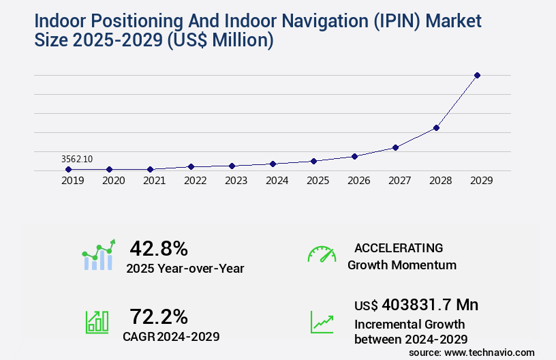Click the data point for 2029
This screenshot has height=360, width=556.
(x=477, y=75)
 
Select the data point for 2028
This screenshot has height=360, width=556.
(x=436, y=127)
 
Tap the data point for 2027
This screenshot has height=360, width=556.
(x=395, y=147)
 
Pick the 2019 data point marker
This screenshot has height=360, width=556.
(x=69, y=169)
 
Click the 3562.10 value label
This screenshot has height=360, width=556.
(x=77, y=159)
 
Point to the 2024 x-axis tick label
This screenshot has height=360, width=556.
(x=277, y=181)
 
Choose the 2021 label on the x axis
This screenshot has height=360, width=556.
(x=155, y=181)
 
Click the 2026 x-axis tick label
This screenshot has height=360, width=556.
(x=359, y=181)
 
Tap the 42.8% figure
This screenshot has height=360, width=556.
(x=159, y=248)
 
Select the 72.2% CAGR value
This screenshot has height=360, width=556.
(x=159, y=316)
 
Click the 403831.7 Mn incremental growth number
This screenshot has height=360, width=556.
(x=430, y=305)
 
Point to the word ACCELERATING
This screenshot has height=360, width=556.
(x=399, y=247)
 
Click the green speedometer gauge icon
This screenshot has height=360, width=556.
(x=322, y=254)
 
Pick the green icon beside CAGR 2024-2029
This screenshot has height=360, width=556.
(x=97, y=322)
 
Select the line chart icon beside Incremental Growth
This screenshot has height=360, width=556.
(x=322, y=322)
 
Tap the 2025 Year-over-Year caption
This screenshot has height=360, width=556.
(x=185, y=268)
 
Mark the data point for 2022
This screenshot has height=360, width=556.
(x=191, y=166)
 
